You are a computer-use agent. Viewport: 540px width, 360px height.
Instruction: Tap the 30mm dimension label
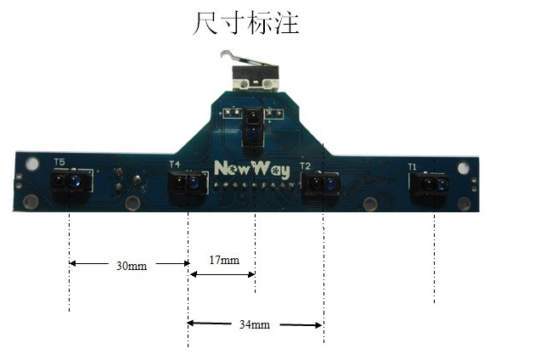pos(132,265)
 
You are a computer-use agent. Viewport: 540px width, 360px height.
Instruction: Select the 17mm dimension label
pos(223,258)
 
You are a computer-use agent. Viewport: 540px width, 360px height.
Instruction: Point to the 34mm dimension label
pos(255,324)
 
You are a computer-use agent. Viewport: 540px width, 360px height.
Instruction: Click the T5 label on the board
pos(59,161)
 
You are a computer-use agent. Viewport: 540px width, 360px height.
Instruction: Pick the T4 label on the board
pos(175,164)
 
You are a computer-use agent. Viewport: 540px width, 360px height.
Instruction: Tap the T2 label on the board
pos(306,166)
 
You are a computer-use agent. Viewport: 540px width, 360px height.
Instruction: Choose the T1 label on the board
pos(412,167)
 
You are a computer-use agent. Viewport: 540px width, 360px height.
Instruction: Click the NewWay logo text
pos(252,167)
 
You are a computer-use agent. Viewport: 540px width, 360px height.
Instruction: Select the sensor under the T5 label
pos(70,182)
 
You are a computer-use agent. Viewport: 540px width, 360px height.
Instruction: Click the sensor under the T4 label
pos(188,183)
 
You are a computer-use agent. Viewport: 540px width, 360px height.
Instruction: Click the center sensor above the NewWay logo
pos(253,127)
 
